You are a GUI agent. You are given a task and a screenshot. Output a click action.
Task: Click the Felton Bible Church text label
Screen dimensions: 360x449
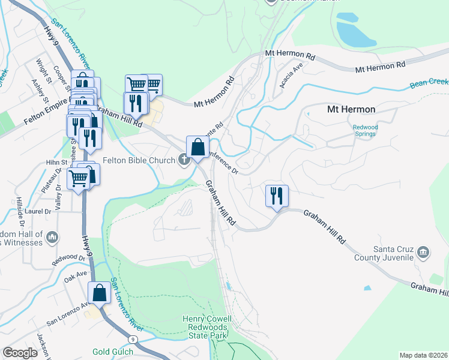click(138, 160)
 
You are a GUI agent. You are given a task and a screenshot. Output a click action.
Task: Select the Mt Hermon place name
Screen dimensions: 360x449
click(351, 109)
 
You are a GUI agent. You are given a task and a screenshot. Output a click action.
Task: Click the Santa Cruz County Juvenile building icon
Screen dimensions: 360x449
click(423, 251)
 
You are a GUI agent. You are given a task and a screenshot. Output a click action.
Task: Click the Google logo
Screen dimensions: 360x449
click(20, 353)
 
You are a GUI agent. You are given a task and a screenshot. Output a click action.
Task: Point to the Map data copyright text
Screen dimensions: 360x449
click(423, 355)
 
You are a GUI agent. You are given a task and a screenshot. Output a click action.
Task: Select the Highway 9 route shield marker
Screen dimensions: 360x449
click(133, 340)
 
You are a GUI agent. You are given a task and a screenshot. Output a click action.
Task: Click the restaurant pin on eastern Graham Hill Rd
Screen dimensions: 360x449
click(277, 196)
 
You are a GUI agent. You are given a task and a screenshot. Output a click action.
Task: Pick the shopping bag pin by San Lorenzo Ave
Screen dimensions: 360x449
click(99, 293)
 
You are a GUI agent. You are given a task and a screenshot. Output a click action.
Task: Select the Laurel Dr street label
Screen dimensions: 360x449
click(37, 211)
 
